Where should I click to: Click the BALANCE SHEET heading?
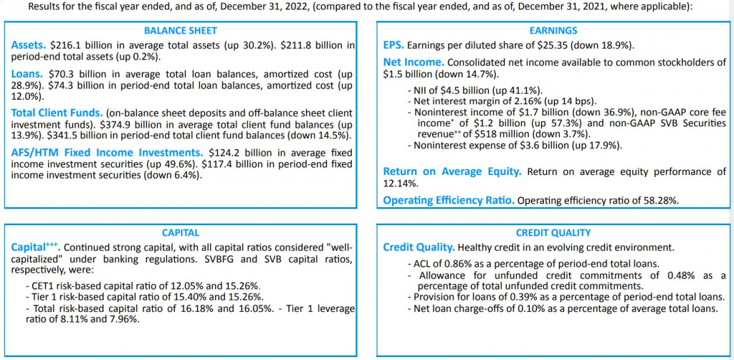pyautogui.click(x=180, y=31)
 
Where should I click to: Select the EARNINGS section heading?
pyautogui.click(x=552, y=31)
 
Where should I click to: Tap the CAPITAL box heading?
pyautogui.click(x=180, y=232)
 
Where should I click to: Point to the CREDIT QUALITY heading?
pyautogui.click(x=553, y=232)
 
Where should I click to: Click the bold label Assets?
pyautogui.click(x=29, y=45)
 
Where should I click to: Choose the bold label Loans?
pyautogui.click(x=27, y=73)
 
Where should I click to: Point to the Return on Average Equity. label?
pyautogui.click(x=452, y=171)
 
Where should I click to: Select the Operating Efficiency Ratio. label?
pyautogui.click(x=449, y=200)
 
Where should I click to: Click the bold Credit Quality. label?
pyautogui.click(x=419, y=247)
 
